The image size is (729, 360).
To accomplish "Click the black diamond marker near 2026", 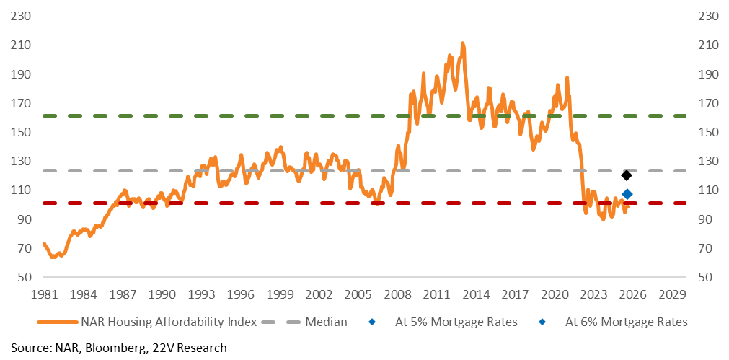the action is click(627, 175).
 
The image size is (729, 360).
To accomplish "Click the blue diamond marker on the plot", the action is click(627, 194).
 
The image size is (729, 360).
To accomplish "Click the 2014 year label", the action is click(479, 294).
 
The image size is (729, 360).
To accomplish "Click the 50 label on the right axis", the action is click(704, 277).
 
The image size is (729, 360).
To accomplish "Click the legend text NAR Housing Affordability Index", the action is click(169, 322).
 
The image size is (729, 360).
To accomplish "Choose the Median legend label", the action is click(326, 322).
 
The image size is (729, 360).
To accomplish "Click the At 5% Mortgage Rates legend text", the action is click(456, 322).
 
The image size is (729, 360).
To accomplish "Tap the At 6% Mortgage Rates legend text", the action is click(627, 322).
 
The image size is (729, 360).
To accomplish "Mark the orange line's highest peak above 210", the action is click(462, 43).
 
